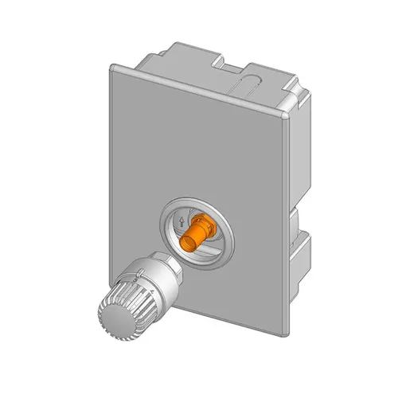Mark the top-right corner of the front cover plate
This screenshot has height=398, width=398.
pyautogui.click(x=287, y=117)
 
